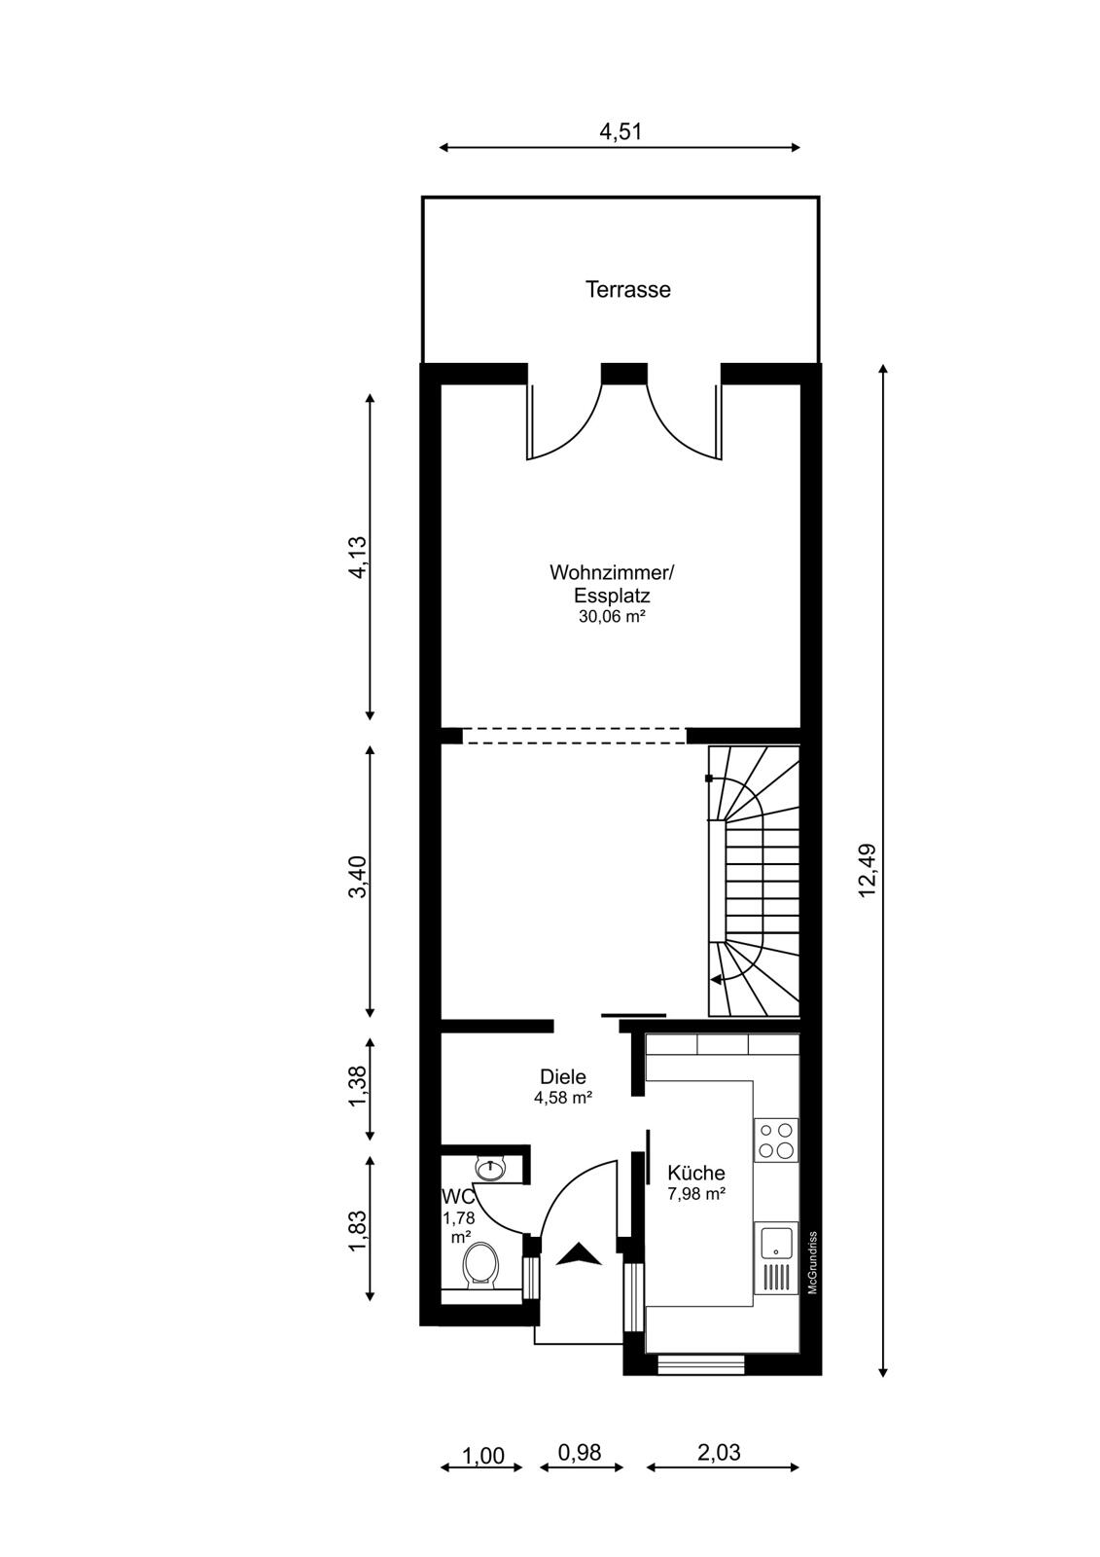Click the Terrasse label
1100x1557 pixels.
(x=627, y=289)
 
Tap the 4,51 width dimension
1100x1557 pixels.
(x=620, y=131)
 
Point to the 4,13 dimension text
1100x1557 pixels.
(x=359, y=557)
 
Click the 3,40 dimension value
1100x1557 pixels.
(x=359, y=877)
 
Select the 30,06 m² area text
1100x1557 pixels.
(x=608, y=616)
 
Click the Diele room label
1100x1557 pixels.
(x=563, y=1076)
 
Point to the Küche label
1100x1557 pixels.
(x=695, y=1173)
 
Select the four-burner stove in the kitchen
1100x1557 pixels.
(x=776, y=1140)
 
